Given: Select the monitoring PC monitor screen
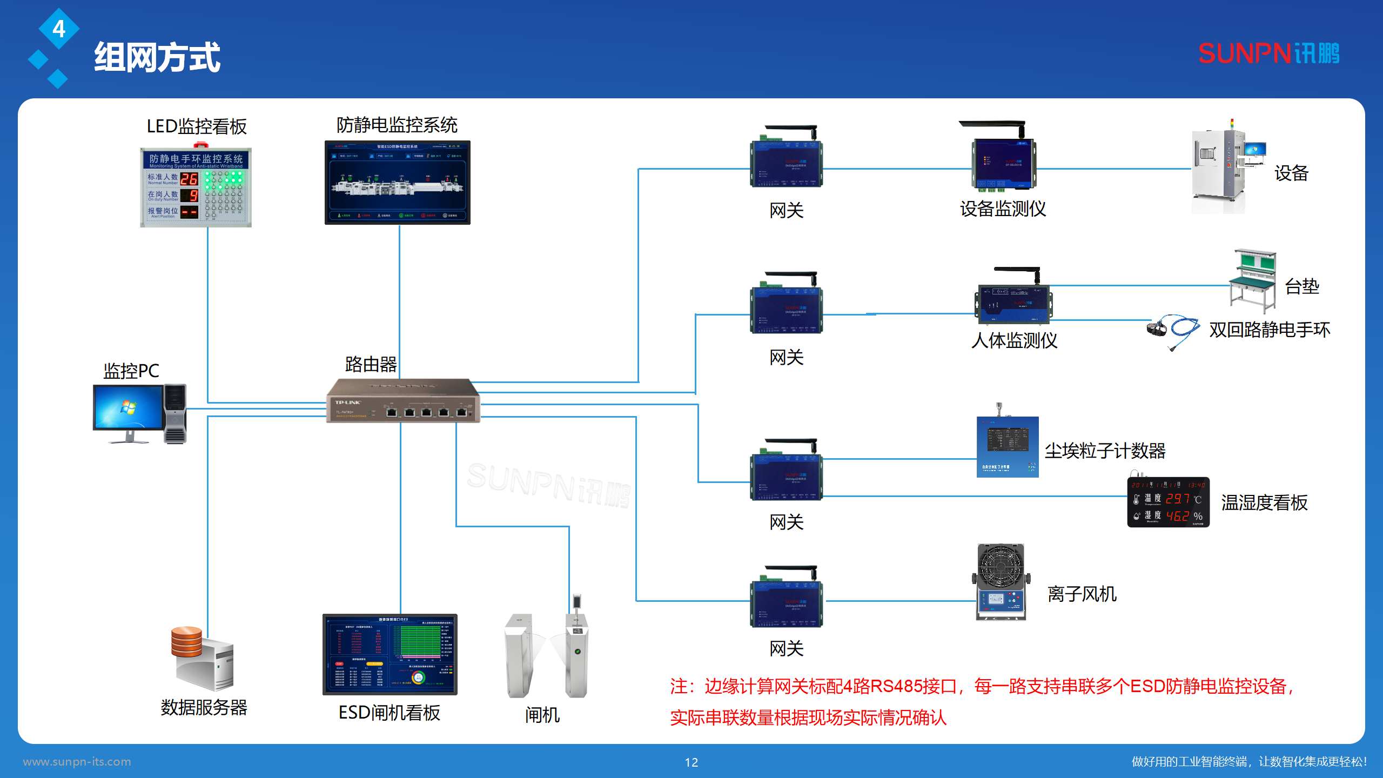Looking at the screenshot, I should pos(128,408).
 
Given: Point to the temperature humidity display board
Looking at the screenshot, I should pos(1168,501).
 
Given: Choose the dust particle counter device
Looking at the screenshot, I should pos(1007,446).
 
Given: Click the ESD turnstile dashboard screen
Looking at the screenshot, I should pos(390,654).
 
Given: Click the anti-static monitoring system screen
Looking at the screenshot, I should pos(397,182).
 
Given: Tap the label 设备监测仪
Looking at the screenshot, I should pos(1003,209).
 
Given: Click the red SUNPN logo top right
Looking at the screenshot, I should pos(1268,53).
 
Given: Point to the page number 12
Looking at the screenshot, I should pos(691,762).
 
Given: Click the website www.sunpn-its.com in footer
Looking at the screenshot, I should pos(77,762).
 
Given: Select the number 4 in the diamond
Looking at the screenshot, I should pos(59,29).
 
